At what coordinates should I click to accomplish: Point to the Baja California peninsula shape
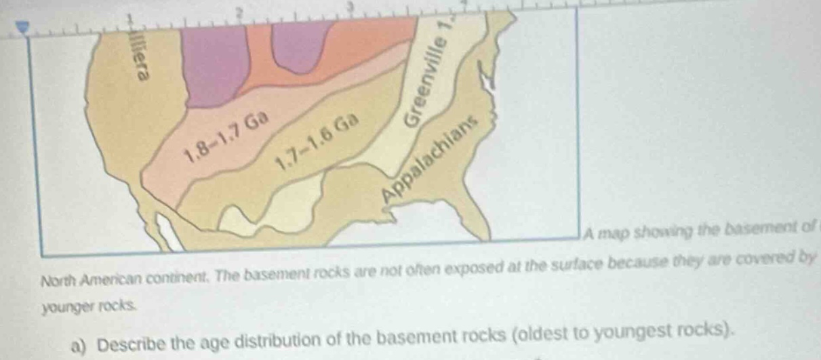click(167, 230)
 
